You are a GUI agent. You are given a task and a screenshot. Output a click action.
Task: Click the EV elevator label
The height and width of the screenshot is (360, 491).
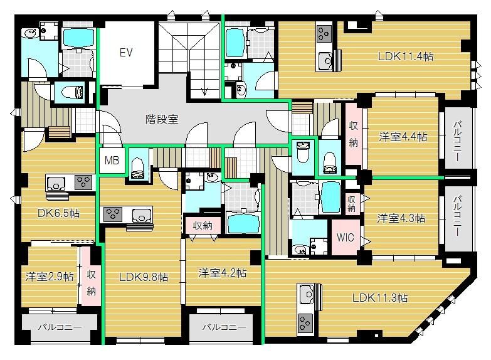pyautogui.click(x=126, y=52)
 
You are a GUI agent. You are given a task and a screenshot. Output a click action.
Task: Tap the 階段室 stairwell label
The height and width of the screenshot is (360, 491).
pyautogui.click(x=162, y=119)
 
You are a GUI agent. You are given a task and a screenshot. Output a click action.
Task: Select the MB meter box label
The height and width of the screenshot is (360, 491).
pyautogui.click(x=112, y=161)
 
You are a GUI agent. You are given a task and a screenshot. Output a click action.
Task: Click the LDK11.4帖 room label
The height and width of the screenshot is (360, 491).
pyautogui.click(x=406, y=56)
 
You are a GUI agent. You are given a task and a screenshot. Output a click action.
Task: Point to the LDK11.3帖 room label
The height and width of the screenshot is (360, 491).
pyautogui.click(x=380, y=297)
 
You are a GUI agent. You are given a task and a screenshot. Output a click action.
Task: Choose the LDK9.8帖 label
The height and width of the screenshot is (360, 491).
pyautogui.click(x=144, y=277)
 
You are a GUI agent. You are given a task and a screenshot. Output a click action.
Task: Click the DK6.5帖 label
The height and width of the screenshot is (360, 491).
pyautogui.click(x=58, y=213)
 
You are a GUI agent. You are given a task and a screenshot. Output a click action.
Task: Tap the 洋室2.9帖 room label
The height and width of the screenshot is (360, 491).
pyautogui.click(x=50, y=277)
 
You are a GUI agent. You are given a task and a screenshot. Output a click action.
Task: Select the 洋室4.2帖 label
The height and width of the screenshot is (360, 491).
pyautogui.click(x=223, y=273)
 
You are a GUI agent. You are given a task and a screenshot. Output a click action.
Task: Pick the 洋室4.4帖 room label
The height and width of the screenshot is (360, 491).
pyautogui.click(x=403, y=137)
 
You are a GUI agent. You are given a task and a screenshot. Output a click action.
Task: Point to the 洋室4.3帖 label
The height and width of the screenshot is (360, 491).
pyautogui.click(x=401, y=218)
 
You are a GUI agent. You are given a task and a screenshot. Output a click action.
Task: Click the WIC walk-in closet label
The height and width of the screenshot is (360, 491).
pyautogui.click(x=345, y=237)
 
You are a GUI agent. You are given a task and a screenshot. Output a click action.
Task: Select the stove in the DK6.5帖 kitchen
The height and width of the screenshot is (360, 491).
pyautogui.click(x=83, y=183)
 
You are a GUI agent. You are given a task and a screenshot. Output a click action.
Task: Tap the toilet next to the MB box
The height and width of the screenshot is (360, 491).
pyautogui.click(x=137, y=169)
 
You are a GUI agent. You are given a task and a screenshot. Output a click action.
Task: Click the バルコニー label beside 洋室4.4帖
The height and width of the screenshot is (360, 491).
pyautogui.click(x=457, y=141)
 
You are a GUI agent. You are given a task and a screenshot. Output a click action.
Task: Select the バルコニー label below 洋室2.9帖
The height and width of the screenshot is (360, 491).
pyautogui.click(x=60, y=327)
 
